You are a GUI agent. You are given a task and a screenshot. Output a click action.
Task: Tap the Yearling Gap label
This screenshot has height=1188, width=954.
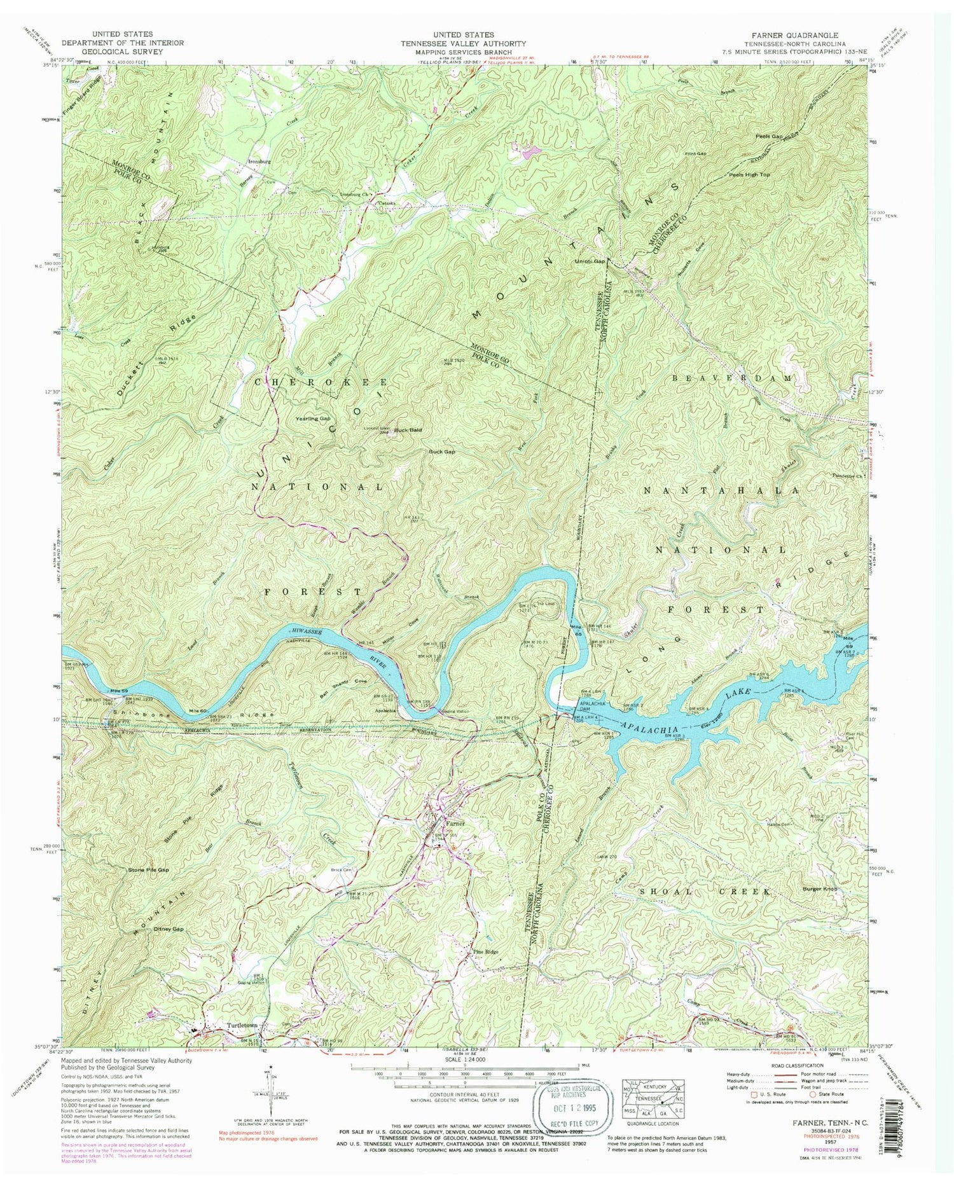click(x=313, y=419)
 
